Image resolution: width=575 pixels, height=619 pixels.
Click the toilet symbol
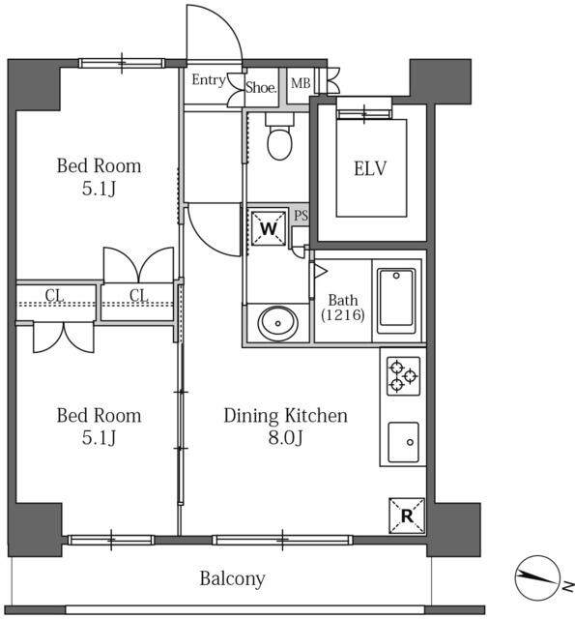tap(279, 135)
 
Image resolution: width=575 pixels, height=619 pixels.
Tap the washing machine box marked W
tap(269, 228)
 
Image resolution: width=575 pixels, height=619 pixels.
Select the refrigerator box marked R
tap(407, 516)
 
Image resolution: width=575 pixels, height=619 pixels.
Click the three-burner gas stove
tap(403, 376)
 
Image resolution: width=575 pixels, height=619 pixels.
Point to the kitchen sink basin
tap(403, 442)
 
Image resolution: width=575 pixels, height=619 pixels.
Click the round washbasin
tap(277, 323)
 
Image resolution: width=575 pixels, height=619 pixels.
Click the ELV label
tap(370, 168)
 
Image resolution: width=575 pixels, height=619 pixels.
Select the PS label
tap(301, 216)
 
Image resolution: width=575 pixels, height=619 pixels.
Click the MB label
tap(301, 83)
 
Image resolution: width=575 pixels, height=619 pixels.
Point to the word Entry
tap(209, 80)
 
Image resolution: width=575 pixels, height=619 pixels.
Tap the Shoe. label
tap(261, 87)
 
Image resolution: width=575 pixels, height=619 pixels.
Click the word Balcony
tap(232, 579)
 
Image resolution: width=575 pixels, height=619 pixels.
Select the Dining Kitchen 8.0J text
tap(285, 426)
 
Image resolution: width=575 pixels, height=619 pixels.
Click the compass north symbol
tap(538, 577)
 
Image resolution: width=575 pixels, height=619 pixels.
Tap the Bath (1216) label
tap(343, 308)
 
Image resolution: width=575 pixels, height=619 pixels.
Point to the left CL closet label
tap(55, 295)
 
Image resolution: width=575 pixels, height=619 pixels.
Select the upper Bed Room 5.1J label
tap(99, 177)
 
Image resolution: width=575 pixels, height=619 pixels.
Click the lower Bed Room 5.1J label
tap(99, 426)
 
